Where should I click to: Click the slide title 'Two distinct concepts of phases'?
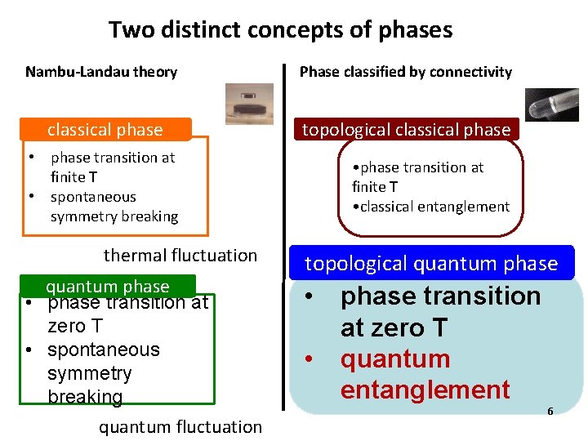coord(280,31)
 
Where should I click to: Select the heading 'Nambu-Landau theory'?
coord(101,72)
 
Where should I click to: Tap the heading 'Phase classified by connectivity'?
coord(406,72)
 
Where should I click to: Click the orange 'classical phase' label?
coord(105,130)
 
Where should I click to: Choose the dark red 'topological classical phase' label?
coord(407,130)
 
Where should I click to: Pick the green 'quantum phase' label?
coord(107,286)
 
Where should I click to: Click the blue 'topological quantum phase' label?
coord(431,263)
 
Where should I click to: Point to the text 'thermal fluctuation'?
coord(180,256)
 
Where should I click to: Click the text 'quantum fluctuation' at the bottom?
coord(180,426)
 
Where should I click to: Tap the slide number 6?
coord(550,411)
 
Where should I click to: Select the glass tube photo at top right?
coord(552,105)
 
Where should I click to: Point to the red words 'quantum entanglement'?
coord(425,374)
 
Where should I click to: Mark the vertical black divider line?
coord(284,237)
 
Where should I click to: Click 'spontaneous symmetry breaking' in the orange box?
coord(114,207)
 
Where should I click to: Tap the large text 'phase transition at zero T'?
coord(440,311)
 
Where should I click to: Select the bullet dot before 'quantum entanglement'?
coord(310,359)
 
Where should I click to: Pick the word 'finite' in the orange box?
coord(69,177)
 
